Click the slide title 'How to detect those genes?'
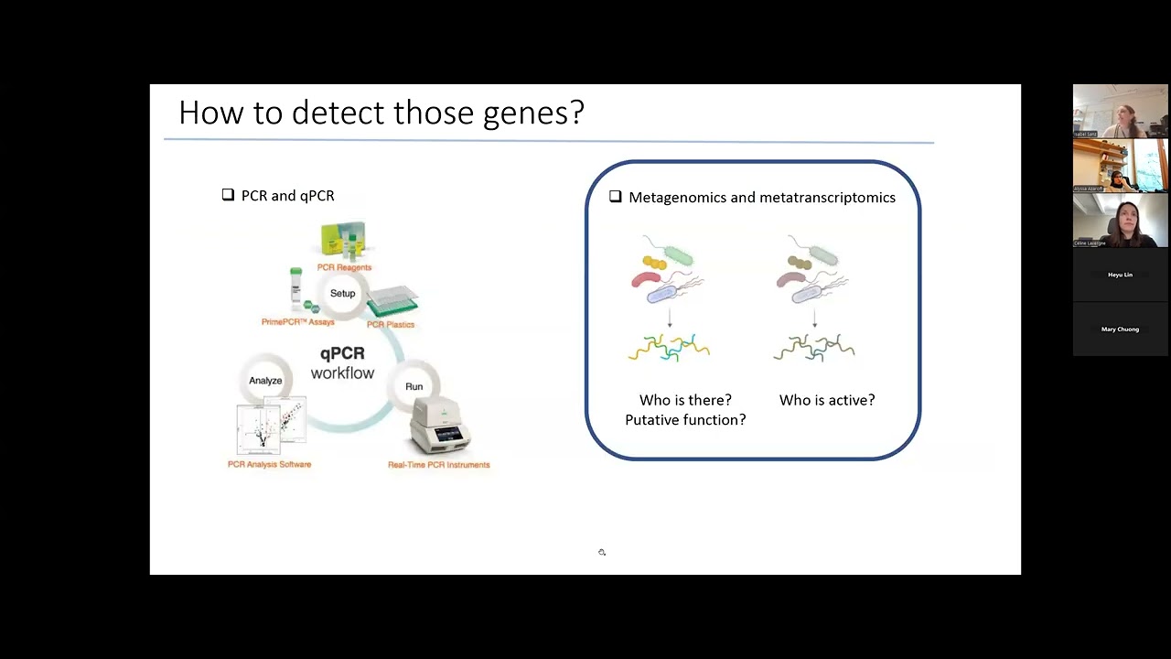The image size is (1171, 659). [381, 113]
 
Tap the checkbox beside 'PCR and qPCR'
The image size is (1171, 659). [228, 195]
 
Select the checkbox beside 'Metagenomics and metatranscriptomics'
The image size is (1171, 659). [615, 197]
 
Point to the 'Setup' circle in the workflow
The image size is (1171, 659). [343, 294]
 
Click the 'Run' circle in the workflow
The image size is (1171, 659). [414, 386]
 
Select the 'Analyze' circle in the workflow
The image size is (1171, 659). [265, 381]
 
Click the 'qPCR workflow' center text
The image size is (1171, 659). [342, 363]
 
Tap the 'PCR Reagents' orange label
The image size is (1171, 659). [344, 267]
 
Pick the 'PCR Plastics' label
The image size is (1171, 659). [391, 325]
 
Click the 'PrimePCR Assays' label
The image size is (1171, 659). [297, 322]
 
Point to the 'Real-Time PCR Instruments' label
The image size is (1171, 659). [438, 465]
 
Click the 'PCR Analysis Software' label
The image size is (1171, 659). [269, 465]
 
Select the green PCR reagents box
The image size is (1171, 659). [343, 239]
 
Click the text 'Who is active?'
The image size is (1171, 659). [826, 400]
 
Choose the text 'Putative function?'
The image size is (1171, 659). [685, 420]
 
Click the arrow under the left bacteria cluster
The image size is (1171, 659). [670, 318]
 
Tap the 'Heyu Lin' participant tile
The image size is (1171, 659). [1120, 275]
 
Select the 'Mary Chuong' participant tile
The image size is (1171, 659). [1120, 329]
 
